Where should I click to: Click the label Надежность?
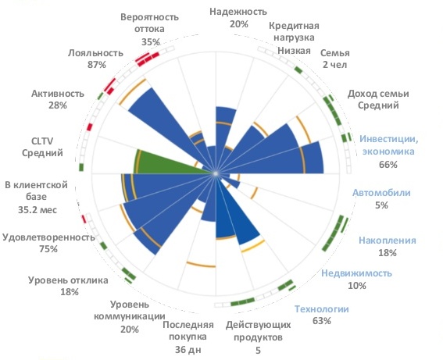pos(238,12)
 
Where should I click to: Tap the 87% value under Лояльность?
pos(97,65)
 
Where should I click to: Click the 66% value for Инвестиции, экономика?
pos(388,165)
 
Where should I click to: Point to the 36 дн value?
pos(188,351)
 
